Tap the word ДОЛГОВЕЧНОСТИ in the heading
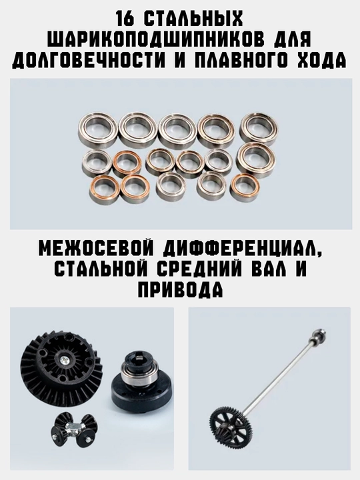87,60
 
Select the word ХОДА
322,60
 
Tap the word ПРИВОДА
180,289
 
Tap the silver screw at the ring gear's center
64,359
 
